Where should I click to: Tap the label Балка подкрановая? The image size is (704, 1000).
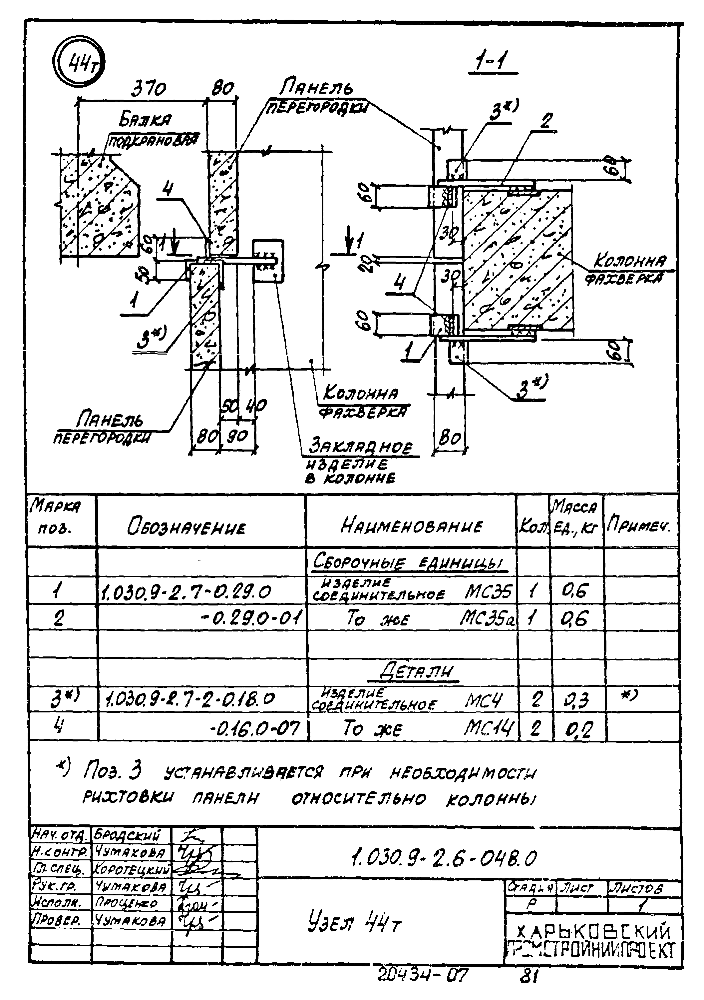pos(148,129)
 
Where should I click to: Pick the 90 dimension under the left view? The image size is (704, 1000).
pos(238,436)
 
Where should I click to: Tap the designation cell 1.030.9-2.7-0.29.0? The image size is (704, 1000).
pos(186,592)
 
